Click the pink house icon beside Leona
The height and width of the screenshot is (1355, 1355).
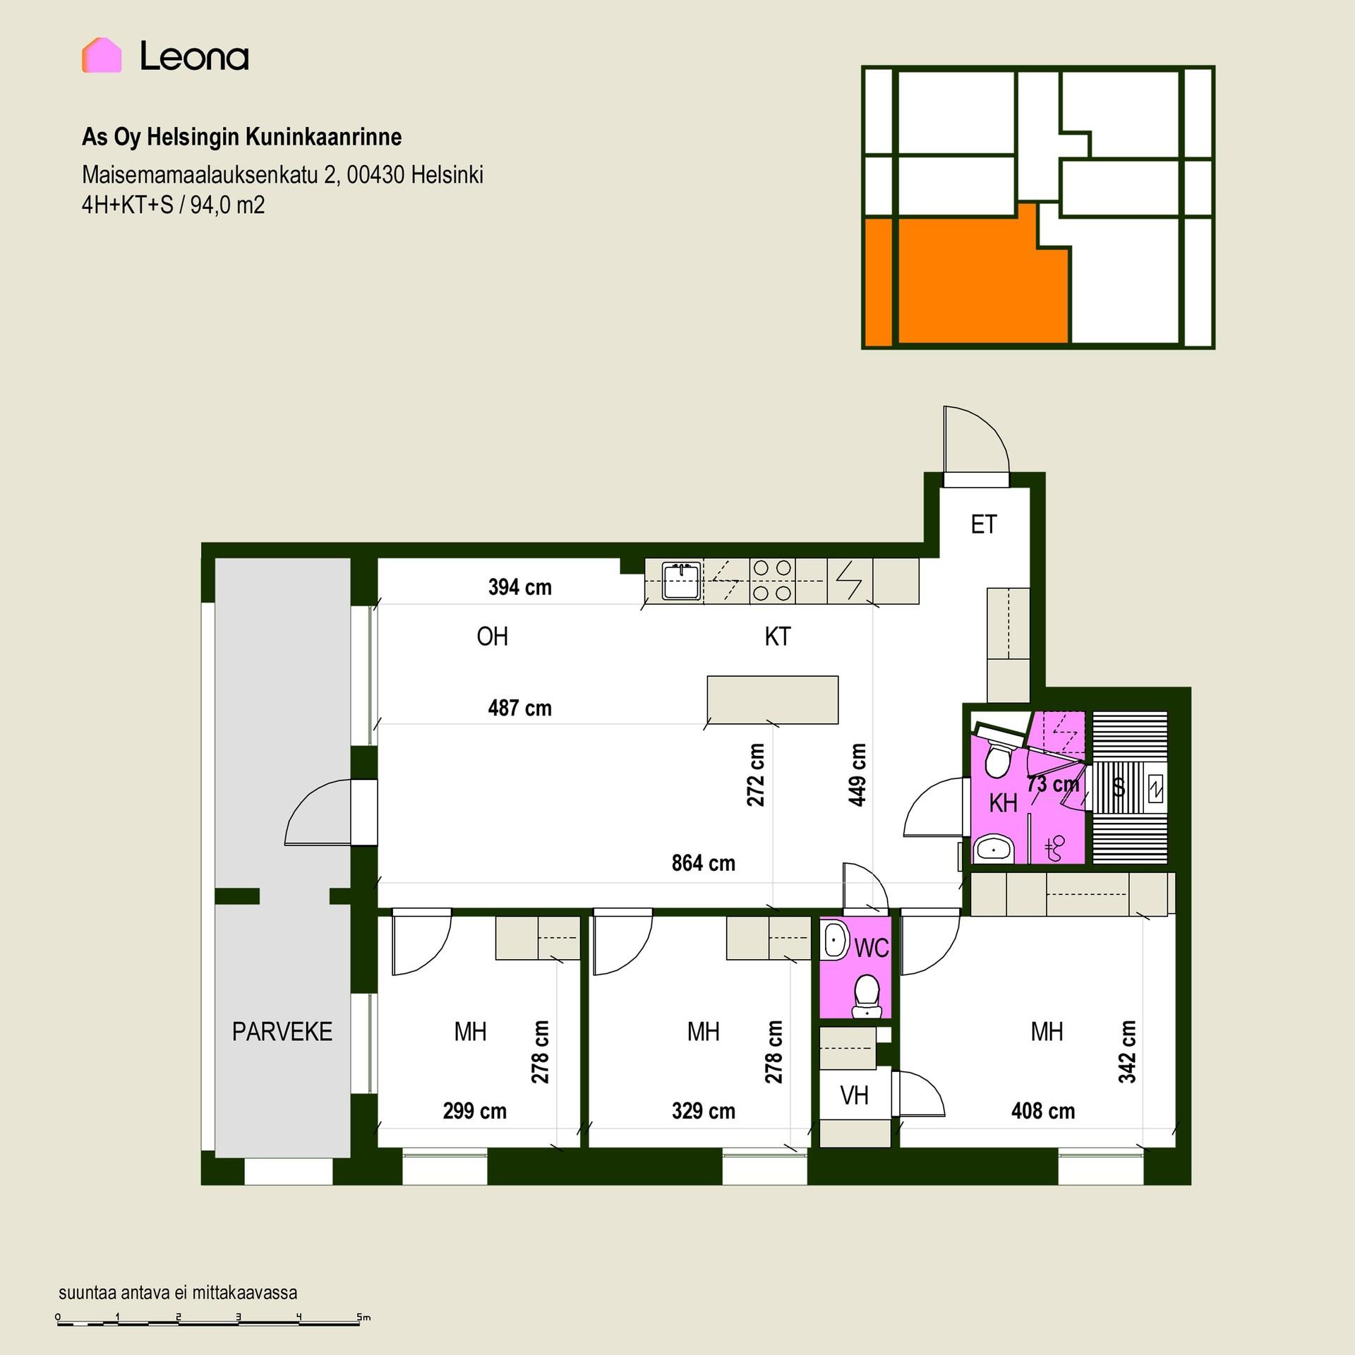[x=102, y=55]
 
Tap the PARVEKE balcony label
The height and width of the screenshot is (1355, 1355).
[x=282, y=1032]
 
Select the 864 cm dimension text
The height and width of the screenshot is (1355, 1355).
[x=703, y=863]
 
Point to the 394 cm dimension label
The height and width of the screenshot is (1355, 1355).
[x=519, y=587]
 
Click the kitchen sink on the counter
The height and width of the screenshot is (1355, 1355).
[x=681, y=581]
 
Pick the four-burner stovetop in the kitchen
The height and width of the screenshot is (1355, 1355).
[x=772, y=581]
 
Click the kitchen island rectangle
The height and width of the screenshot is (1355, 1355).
[x=773, y=699]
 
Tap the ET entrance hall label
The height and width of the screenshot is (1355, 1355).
[x=984, y=524]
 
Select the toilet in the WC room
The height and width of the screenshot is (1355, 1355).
[x=867, y=996]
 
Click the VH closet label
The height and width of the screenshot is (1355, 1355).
[x=854, y=1095]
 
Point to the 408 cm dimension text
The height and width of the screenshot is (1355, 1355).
[x=1042, y=1111]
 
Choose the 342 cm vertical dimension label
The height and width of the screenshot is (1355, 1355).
[x=1127, y=1051]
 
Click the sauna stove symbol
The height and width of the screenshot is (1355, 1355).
[x=1155, y=788]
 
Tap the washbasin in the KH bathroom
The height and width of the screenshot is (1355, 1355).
[x=994, y=848]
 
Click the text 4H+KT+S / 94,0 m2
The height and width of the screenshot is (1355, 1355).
[x=174, y=205]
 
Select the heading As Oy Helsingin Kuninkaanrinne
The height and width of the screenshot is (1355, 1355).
[x=242, y=137]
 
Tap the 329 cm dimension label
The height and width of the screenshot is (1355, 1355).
[x=703, y=1111]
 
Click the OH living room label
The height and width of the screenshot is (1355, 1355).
[x=492, y=637]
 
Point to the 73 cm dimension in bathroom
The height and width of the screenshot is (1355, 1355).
[x=1053, y=784]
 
